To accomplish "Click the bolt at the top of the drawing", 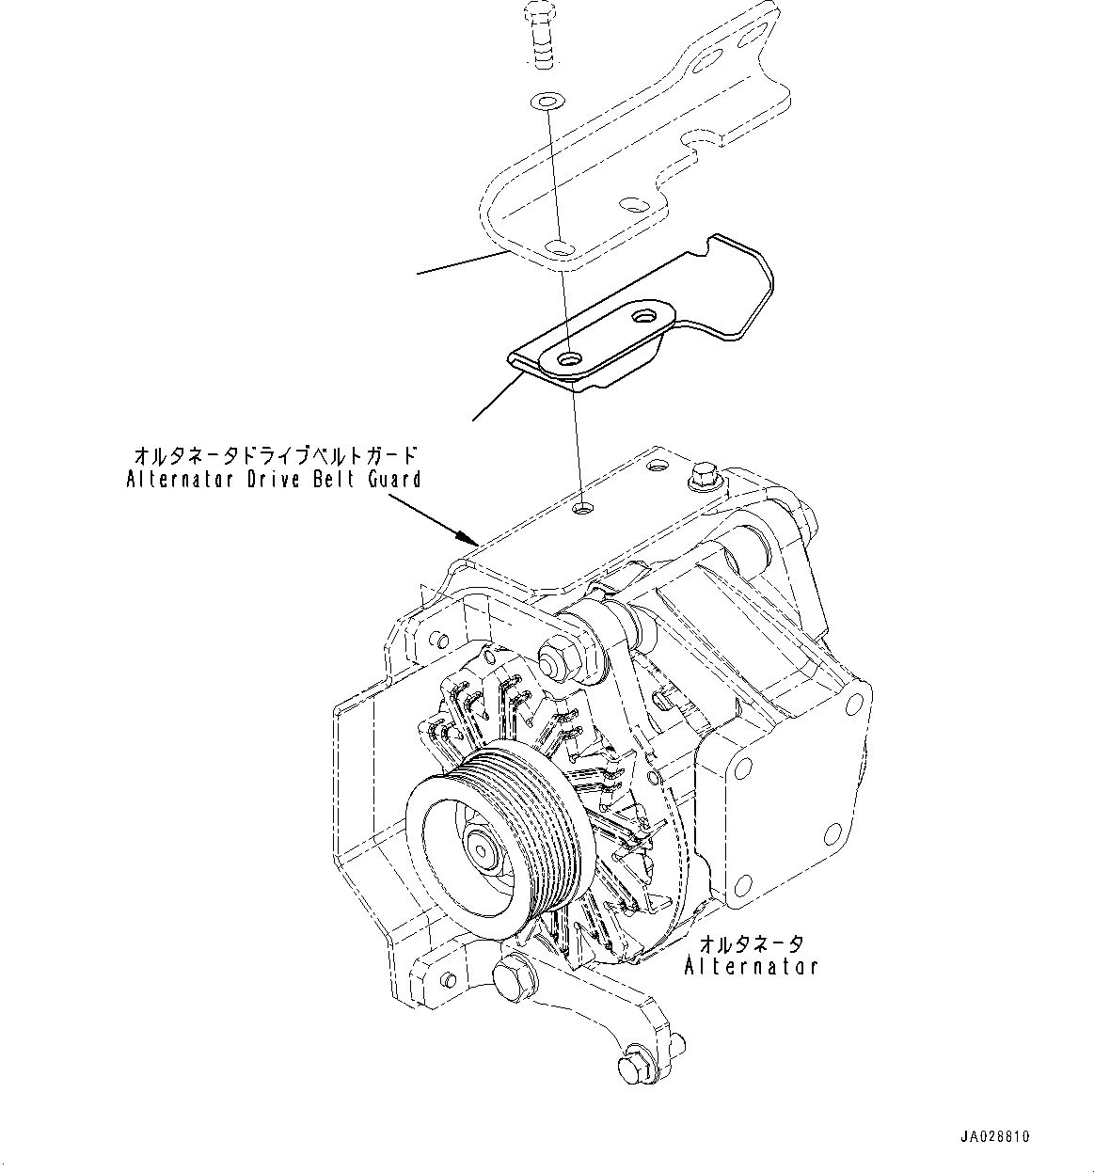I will pyautogui.click(x=539, y=38).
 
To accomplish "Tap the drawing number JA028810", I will pyautogui.click(x=995, y=1136).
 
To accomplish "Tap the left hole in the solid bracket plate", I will pyautogui.click(x=568, y=359).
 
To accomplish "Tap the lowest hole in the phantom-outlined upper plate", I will pyautogui.click(x=560, y=247).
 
